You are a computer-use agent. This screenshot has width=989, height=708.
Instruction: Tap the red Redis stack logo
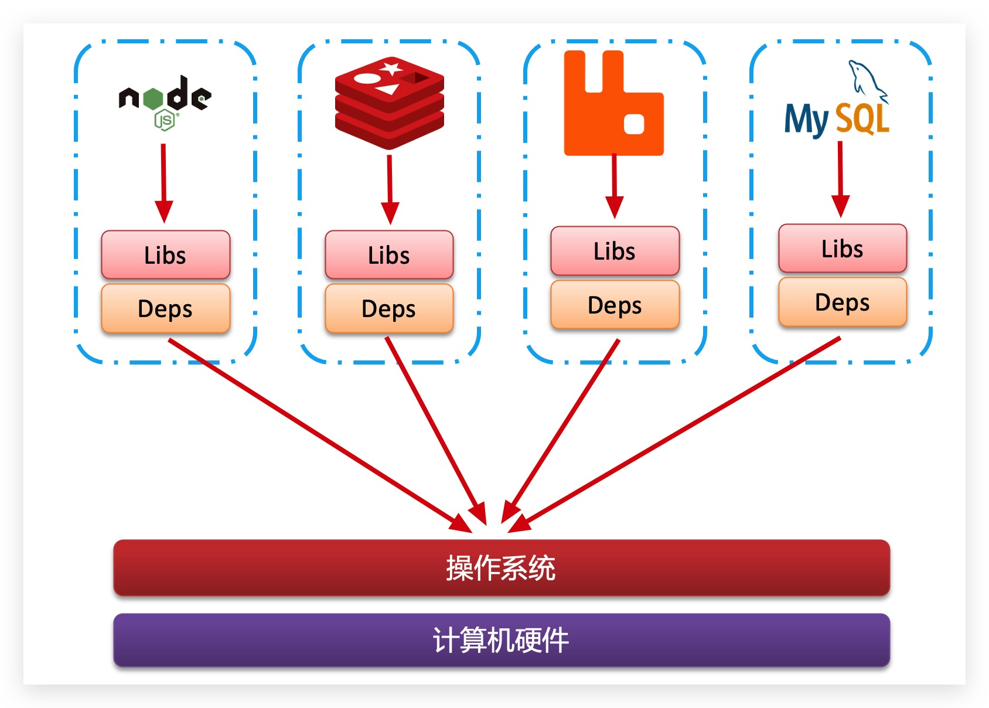tap(389, 103)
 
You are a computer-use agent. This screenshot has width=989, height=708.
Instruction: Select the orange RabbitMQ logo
tap(613, 104)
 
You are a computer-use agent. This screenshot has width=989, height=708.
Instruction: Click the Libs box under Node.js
tap(165, 255)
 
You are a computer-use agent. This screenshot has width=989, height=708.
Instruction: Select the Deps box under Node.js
tap(165, 308)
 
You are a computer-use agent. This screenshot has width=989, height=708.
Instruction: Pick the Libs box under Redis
tap(389, 255)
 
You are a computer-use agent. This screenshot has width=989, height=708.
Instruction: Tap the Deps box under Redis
tap(389, 308)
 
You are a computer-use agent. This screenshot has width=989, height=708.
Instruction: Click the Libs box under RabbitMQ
tap(615, 251)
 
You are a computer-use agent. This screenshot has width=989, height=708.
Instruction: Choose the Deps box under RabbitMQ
tap(615, 305)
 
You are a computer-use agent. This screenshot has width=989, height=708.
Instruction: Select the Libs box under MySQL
tap(843, 249)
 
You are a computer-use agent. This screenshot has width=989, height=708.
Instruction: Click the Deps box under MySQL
tap(843, 302)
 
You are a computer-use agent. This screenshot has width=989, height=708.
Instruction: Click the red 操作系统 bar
tap(502, 567)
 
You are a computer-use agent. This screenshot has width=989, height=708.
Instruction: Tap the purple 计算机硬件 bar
tap(502, 639)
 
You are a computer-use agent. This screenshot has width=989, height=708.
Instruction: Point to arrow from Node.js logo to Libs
tap(164, 182)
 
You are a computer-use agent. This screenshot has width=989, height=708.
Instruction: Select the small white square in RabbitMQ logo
tap(634, 124)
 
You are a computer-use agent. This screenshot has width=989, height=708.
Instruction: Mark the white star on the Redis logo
tap(391, 69)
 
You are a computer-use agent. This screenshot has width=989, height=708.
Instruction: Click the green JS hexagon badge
tap(165, 121)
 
